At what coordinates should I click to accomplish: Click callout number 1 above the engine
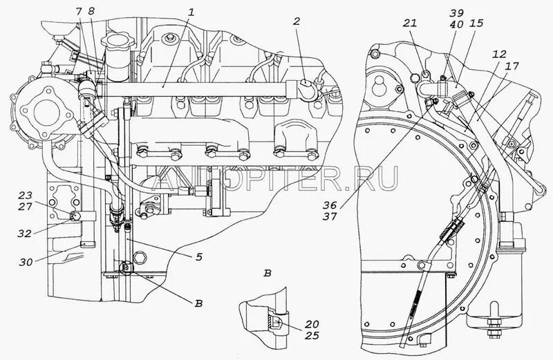click(x=191, y=12)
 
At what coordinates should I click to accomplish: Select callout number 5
click(x=198, y=257)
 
